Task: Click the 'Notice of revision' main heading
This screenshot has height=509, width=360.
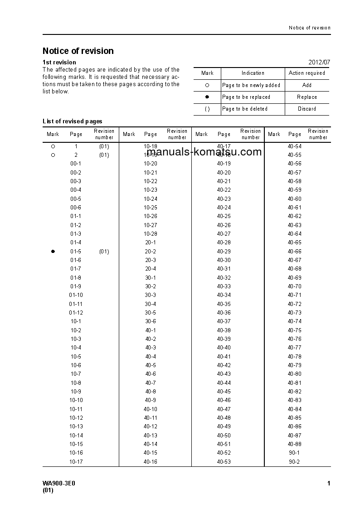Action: pyautogui.click(x=78, y=51)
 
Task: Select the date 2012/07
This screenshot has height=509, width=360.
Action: pyautogui.click(x=319, y=62)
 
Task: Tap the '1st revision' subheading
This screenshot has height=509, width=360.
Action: pyautogui.click(x=59, y=62)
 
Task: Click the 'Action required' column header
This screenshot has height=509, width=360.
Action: pyautogui.click(x=307, y=73)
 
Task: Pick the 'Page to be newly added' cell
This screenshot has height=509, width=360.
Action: pyautogui.click(x=251, y=85)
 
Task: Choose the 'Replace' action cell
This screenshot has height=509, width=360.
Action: pyautogui.click(x=307, y=97)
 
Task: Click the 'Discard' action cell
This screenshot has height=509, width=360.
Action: pyautogui.click(x=307, y=109)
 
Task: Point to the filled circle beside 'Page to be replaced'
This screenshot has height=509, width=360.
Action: pyautogui.click(x=207, y=97)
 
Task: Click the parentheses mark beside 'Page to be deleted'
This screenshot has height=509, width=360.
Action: pyautogui.click(x=207, y=109)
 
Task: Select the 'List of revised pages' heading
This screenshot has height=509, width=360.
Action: pyautogui.click(x=73, y=121)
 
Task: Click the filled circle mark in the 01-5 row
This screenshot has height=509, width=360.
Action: pyautogui.click(x=53, y=252)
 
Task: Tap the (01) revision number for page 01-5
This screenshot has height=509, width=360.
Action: pyautogui.click(x=104, y=252)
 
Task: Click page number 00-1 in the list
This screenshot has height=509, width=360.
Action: pyautogui.click(x=76, y=164)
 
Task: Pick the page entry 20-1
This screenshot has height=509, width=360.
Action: pyautogui.click(x=151, y=242)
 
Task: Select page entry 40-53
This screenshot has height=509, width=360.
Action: pyautogui.click(x=224, y=462)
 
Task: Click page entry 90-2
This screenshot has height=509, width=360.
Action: pyautogui.click(x=294, y=462)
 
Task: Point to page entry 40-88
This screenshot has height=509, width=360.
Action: pyautogui.click(x=294, y=444)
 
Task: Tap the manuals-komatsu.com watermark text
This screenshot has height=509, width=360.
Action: pyautogui.click(x=204, y=152)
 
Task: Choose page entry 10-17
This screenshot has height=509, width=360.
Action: pyautogui.click(x=76, y=462)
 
